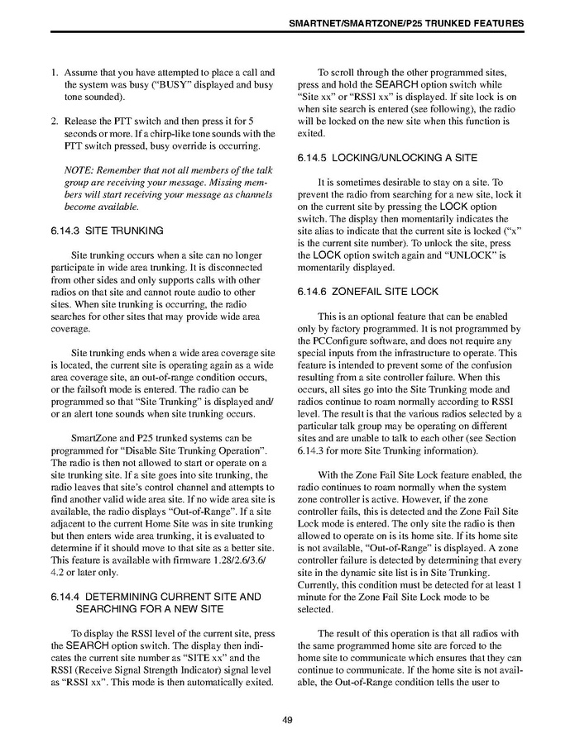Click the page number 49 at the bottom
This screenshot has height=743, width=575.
[x=287, y=720]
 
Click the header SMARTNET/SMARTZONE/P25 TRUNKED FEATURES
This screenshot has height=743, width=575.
[x=405, y=24]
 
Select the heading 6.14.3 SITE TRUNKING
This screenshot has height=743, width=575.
[x=107, y=231]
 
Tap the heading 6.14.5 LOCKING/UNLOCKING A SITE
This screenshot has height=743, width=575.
[x=386, y=157]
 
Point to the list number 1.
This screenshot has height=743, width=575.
[x=55, y=73]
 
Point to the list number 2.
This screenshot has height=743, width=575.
[x=55, y=121]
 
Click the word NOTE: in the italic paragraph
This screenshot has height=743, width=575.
[x=79, y=169]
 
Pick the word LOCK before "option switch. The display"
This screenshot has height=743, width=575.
[x=454, y=206]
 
